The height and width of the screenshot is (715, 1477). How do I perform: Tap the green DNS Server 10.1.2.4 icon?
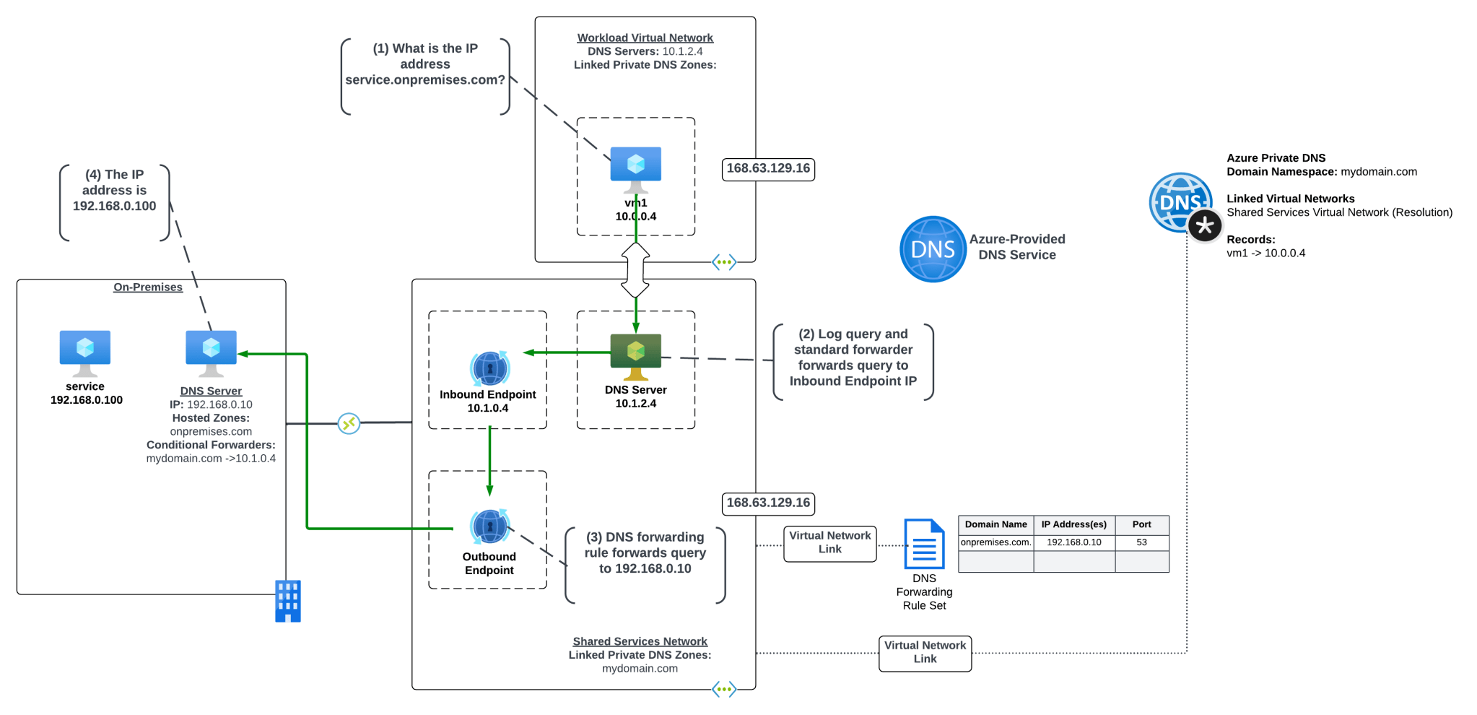[x=635, y=355]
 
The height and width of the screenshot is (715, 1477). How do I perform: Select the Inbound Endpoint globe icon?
[x=489, y=368]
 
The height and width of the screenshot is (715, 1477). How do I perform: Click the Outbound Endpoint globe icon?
[x=489, y=526]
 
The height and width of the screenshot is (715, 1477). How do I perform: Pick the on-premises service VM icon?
[x=85, y=351]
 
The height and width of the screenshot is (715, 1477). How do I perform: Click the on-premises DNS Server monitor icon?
[x=211, y=351]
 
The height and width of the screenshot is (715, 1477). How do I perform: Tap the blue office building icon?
[x=287, y=601]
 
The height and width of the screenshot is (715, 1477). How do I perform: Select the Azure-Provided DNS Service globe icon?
[x=933, y=249]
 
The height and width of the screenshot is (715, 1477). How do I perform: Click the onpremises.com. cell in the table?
[x=995, y=542]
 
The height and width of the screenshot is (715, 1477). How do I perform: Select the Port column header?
[x=1141, y=524]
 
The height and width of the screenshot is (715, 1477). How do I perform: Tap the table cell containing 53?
[x=1141, y=542]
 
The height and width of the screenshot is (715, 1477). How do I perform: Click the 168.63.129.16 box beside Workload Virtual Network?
[x=768, y=169]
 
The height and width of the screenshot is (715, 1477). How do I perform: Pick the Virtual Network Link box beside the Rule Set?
[x=829, y=543]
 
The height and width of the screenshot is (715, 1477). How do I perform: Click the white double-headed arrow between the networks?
[x=635, y=270]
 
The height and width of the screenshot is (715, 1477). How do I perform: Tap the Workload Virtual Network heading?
[x=645, y=38]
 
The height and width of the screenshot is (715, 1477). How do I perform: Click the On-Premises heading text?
[x=148, y=287]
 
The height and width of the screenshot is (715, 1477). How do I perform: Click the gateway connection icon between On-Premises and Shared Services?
[x=349, y=423]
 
